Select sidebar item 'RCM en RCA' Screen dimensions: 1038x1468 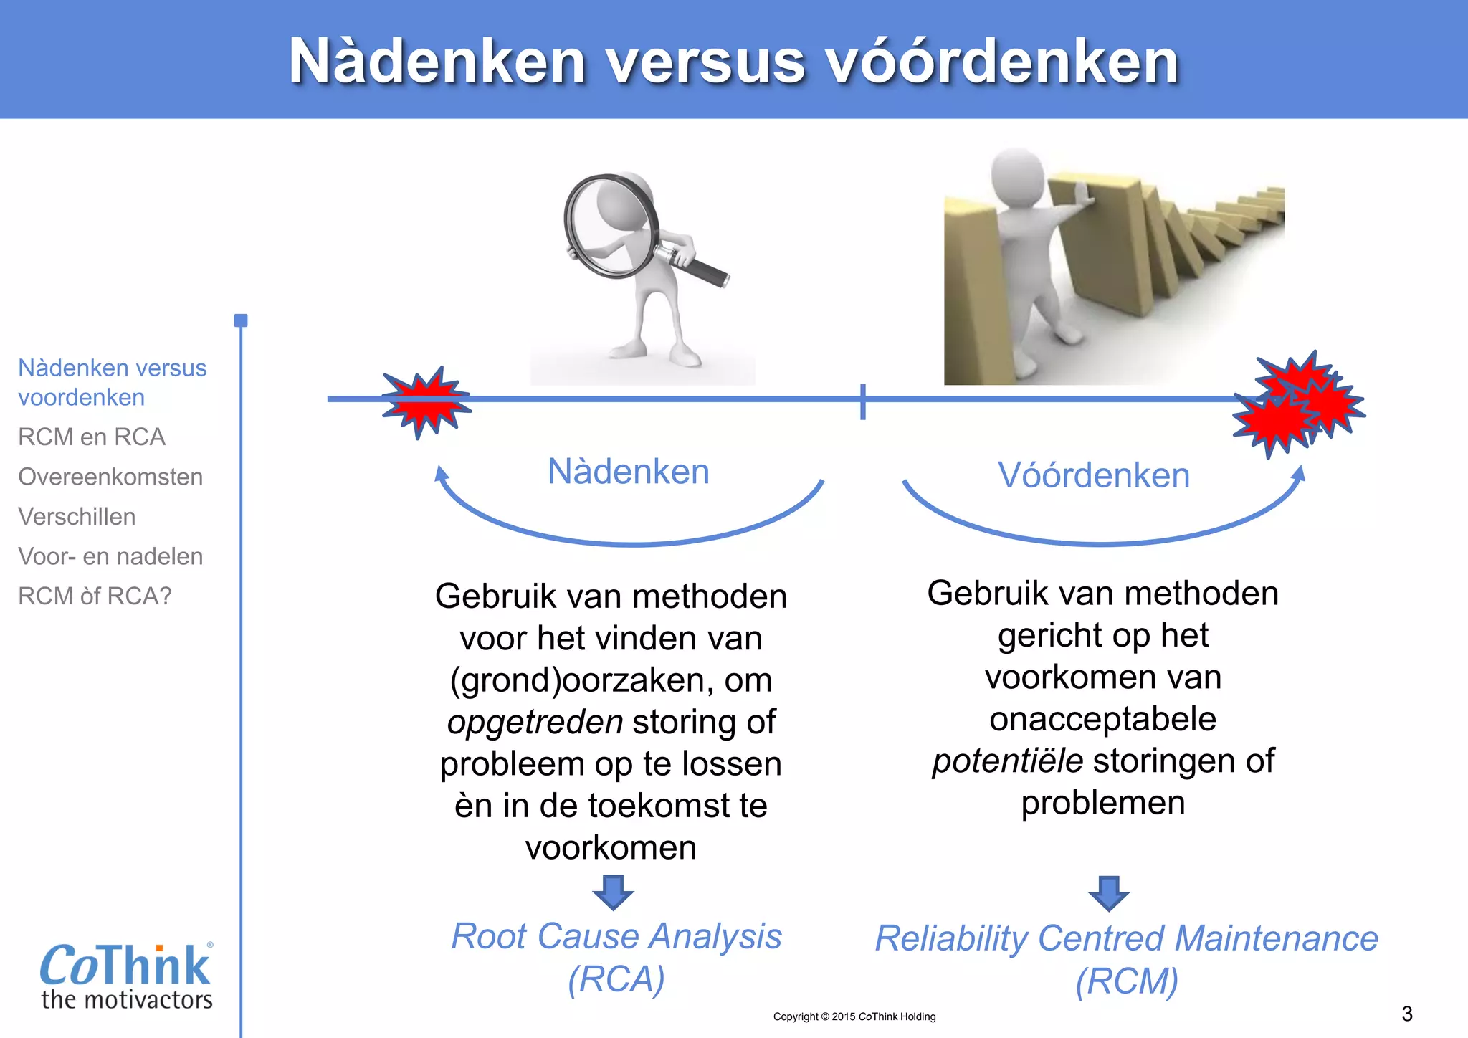92,437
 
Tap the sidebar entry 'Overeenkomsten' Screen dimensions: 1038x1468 110,477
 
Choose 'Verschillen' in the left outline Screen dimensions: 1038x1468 77,516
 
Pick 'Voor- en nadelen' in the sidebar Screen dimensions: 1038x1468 110,556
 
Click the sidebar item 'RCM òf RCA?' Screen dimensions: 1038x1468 95,596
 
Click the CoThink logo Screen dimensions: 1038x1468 126,975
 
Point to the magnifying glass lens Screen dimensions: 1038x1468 610,225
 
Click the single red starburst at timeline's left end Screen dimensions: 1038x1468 426,401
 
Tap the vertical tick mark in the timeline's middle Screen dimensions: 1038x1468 863,401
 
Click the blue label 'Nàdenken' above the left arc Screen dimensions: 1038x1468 628,472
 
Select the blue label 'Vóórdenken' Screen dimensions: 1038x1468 1094,475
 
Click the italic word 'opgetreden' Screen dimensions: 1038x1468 535,722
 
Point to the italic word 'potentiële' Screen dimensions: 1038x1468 1007,761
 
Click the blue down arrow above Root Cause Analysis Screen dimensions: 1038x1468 613,891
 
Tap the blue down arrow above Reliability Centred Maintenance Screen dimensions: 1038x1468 1109,892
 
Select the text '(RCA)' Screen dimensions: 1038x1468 616,979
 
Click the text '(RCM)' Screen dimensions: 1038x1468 1127,981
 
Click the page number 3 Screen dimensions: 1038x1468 1406,1014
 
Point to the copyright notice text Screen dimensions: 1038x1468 854,1016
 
